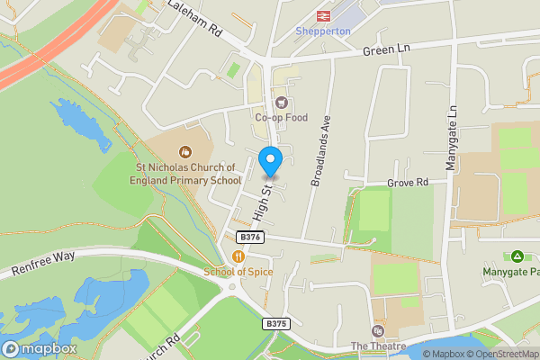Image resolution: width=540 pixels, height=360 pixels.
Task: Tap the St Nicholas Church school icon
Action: click(186, 151)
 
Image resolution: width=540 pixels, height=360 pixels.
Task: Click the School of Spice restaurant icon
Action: click(238, 256)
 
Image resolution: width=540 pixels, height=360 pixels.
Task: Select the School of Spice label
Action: click(238, 272)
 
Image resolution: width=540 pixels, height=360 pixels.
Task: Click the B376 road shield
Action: click(250, 237)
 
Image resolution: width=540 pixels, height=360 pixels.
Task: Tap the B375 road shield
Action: click(275, 323)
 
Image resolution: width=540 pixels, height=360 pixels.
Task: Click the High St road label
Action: click(262, 203)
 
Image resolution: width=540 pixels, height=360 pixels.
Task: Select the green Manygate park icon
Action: click(517, 256)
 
